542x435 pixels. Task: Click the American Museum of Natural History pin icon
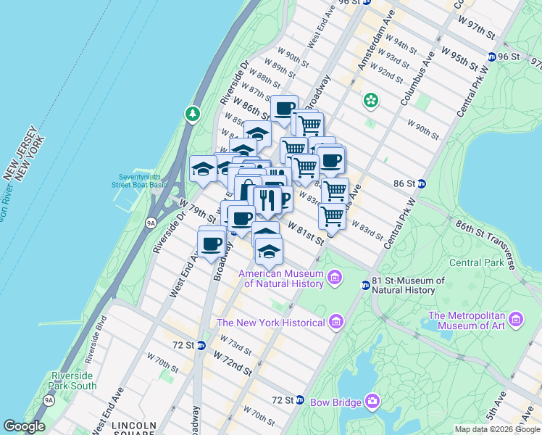(x=335, y=276)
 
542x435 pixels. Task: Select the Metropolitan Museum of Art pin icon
(x=515, y=318)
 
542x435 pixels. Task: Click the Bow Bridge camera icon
(x=372, y=401)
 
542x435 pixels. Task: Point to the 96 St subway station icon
(x=492, y=57)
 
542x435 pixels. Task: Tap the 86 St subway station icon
(x=421, y=184)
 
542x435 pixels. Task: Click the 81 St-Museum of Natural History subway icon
(x=366, y=285)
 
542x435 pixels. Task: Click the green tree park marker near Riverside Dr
(x=192, y=114)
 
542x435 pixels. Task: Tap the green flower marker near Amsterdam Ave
(x=371, y=100)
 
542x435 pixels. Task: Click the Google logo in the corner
(x=24, y=426)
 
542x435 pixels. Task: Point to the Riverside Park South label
(x=73, y=381)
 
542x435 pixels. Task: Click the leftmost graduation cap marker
(x=203, y=170)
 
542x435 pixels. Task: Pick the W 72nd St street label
(x=231, y=360)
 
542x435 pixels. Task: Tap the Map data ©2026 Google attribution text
(x=497, y=429)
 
